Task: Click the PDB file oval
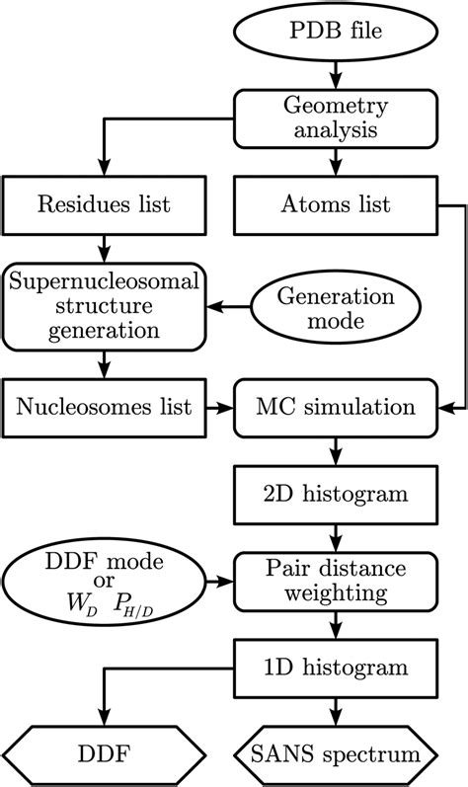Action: tap(339, 33)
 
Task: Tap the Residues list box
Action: tap(103, 205)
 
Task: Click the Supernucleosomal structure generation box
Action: tap(103, 307)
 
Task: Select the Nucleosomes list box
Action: tap(103, 407)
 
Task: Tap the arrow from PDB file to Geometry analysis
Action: tap(339, 75)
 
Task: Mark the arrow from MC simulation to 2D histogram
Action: tap(339, 449)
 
